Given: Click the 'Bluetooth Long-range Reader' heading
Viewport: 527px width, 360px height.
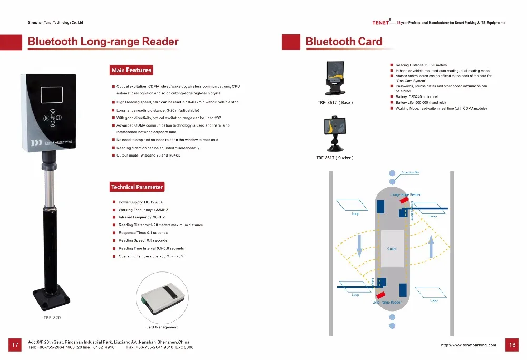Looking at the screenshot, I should point(103,42).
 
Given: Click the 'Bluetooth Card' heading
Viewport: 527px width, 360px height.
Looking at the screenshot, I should point(344,42).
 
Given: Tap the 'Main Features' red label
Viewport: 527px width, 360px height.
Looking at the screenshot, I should point(131,70).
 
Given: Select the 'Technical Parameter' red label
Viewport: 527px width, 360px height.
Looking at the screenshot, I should point(137,187).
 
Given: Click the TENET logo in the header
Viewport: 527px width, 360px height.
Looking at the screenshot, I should point(381,23).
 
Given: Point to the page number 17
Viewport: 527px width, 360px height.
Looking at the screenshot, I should point(15,345).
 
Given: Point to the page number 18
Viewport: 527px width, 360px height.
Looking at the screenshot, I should point(511,345).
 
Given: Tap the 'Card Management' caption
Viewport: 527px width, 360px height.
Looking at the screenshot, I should point(161,327).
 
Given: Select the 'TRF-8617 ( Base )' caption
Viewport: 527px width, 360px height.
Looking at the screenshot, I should point(335,102).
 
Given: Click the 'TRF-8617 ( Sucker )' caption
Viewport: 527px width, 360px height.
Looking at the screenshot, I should point(335,158).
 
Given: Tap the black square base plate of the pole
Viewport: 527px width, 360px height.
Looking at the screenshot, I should point(51,297).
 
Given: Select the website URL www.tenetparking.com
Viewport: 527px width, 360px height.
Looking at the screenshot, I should point(468,346).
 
